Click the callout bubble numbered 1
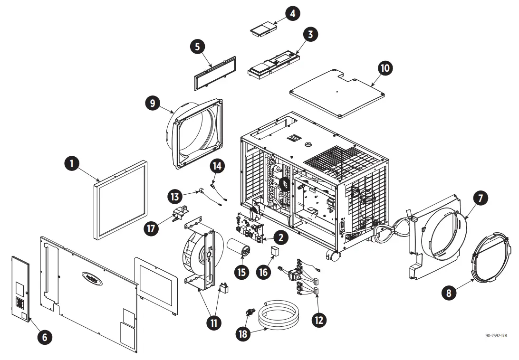pyautogui.click(x=72, y=164)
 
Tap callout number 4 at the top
pyautogui.click(x=292, y=13)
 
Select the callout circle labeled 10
pyautogui.click(x=385, y=68)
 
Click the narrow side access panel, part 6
pyautogui.click(x=20, y=287)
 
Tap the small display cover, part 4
pyautogui.click(x=263, y=29)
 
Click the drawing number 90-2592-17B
pyautogui.click(x=496, y=336)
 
